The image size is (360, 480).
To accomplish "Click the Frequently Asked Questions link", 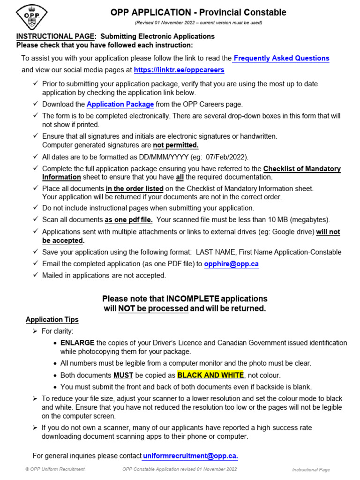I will (281, 59).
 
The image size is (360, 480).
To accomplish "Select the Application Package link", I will (120, 105).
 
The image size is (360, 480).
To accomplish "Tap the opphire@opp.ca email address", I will (231, 264).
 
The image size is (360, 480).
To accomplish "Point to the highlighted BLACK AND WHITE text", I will (210, 375).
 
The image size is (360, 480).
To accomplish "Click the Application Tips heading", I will (52, 320).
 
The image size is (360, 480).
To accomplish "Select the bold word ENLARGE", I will (77, 343).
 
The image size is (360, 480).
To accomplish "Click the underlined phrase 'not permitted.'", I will (176, 145).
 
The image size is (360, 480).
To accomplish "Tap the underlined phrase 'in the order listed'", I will (135, 189).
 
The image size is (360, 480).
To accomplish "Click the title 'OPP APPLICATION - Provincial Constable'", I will (198, 13).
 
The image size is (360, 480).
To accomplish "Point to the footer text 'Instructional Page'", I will (311, 470).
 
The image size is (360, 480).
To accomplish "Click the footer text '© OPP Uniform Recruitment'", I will (55, 469).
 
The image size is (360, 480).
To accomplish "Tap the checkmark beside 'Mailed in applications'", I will (36, 275).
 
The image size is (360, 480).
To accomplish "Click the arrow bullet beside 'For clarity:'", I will (35, 331).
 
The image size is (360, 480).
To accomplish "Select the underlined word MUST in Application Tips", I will (123, 375).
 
